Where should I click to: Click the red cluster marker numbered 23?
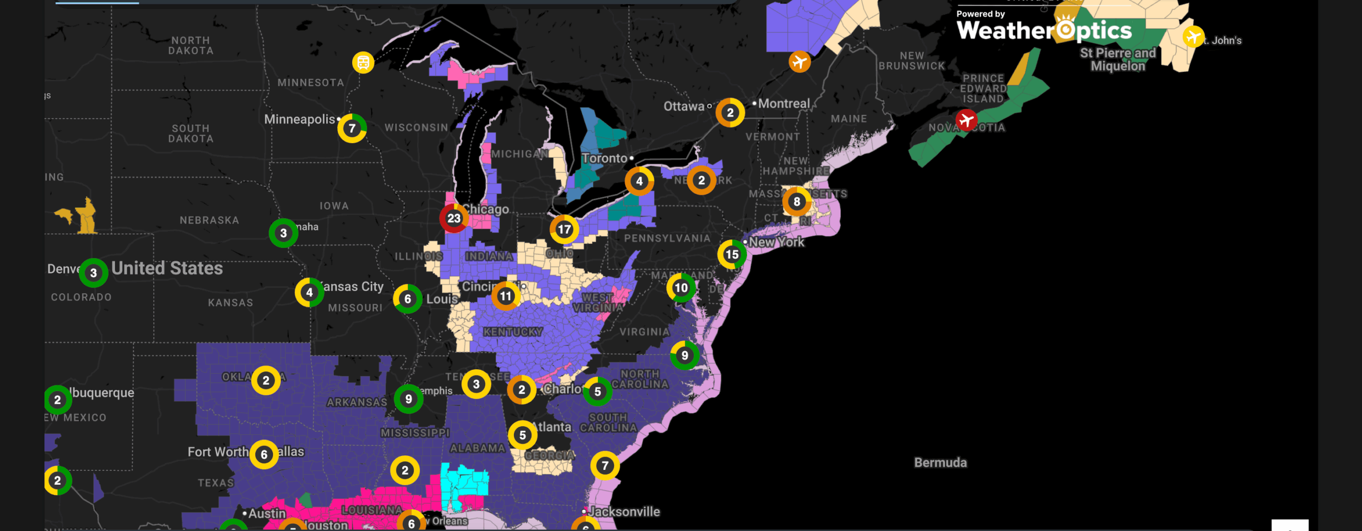tap(454, 218)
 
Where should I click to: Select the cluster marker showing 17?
tap(564, 229)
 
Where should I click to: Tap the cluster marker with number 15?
tap(732, 254)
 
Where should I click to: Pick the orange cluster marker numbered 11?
tap(505, 296)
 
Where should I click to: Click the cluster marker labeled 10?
tap(681, 288)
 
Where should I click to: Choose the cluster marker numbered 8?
tap(796, 202)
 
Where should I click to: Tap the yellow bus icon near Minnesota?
tap(363, 63)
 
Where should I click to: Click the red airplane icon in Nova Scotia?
tap(966, 120)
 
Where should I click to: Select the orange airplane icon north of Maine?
tap(799, 62)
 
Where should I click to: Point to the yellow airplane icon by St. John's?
tap(1193, 37)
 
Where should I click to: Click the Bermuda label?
tap(940, 462)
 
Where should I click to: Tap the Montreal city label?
tap(784, 104)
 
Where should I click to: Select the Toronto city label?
tap(604, 159)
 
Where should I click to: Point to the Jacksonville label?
tap(624, 512)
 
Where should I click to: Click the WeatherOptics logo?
tap(1044, 30)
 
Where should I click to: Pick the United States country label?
tap(167, 268)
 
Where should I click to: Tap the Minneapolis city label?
tap(300, 119)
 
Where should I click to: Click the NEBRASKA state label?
tap(209, 220)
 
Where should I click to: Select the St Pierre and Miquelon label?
tap(1118, 60)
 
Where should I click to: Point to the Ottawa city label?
tap(684, 106)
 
